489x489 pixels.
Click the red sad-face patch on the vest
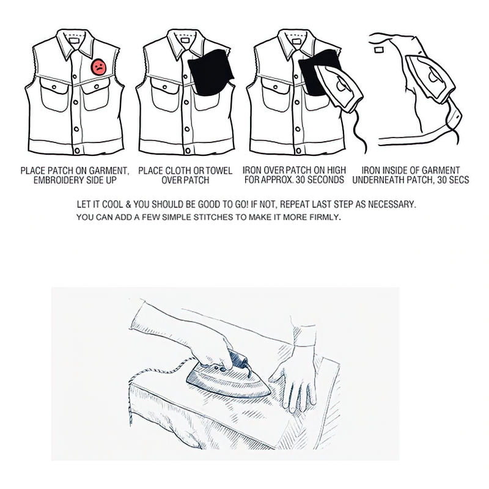tap(98, 67)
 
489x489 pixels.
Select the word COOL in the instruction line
tap(117, 203)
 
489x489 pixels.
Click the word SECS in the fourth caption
tap(458, 180)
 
